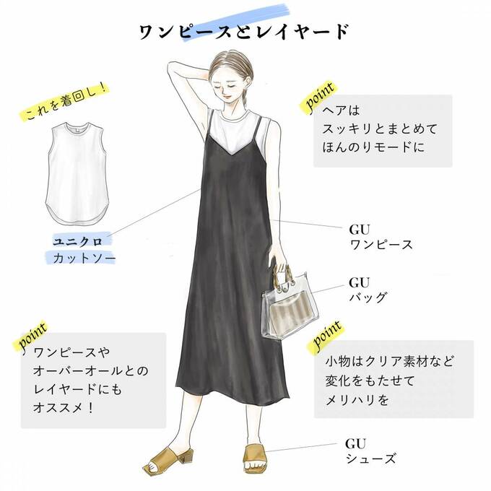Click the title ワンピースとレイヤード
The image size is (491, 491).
coord(243,32)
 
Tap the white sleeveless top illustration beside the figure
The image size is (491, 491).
coord(77,173)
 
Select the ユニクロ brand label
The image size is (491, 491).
coord(78,241)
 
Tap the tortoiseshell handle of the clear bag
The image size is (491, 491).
coord(282,276)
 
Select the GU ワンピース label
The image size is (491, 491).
coord(381,237)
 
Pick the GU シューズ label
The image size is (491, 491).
coord(370,451)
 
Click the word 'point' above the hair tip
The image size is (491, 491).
coord(319,97)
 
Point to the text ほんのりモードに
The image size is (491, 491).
coord(373,147)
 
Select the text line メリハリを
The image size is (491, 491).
coord(357,400)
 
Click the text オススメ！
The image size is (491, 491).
coord(64,407)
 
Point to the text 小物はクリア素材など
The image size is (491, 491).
coord(389,362)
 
